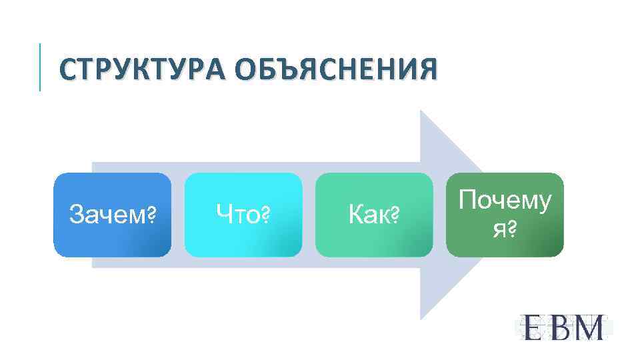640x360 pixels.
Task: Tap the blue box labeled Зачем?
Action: click(x=112, y=215)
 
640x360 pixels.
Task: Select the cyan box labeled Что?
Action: click(x=243, y=215)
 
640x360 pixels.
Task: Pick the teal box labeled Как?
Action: click(x=373, y=215)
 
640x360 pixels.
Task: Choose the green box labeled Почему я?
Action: click(x=505, y=215)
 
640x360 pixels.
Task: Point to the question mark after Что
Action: click(x=265, y=215)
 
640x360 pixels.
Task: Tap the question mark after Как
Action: click(x=393, y=215)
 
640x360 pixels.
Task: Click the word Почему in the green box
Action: click(x=505, y=201)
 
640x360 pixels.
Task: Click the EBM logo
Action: click(x=563, y=327)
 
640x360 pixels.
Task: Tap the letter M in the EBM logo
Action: click(x=589, y=327)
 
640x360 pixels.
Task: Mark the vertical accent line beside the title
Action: click(x=40, y=67)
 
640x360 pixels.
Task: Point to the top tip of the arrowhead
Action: click(x=421, y=112)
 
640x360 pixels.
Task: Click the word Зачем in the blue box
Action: click(x=107, y=215)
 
